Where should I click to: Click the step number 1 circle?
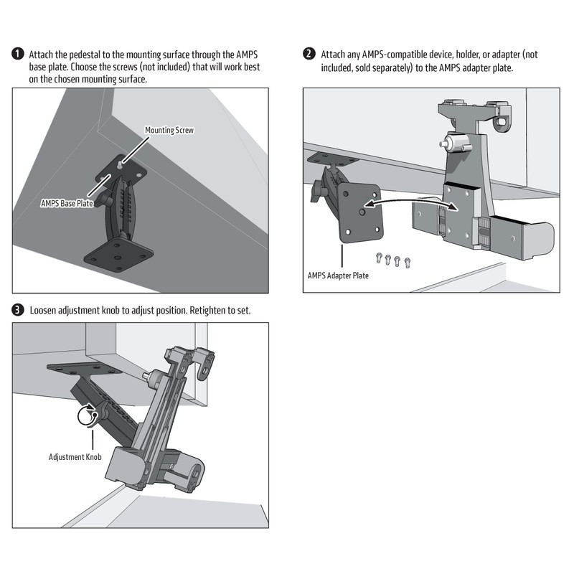(x=18, y=55)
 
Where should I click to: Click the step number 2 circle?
(x=309, y=55)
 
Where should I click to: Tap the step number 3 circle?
(x=18, y=311)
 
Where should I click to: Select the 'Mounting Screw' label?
(x=169, y=131)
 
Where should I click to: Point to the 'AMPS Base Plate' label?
(x=67, y=203)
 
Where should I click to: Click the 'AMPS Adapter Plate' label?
(x=338, y=275)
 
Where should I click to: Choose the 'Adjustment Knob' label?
(x=75, y=456)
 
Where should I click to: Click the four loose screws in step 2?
(x=391, y=260)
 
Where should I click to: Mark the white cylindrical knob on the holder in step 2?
(x=455, y=143)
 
